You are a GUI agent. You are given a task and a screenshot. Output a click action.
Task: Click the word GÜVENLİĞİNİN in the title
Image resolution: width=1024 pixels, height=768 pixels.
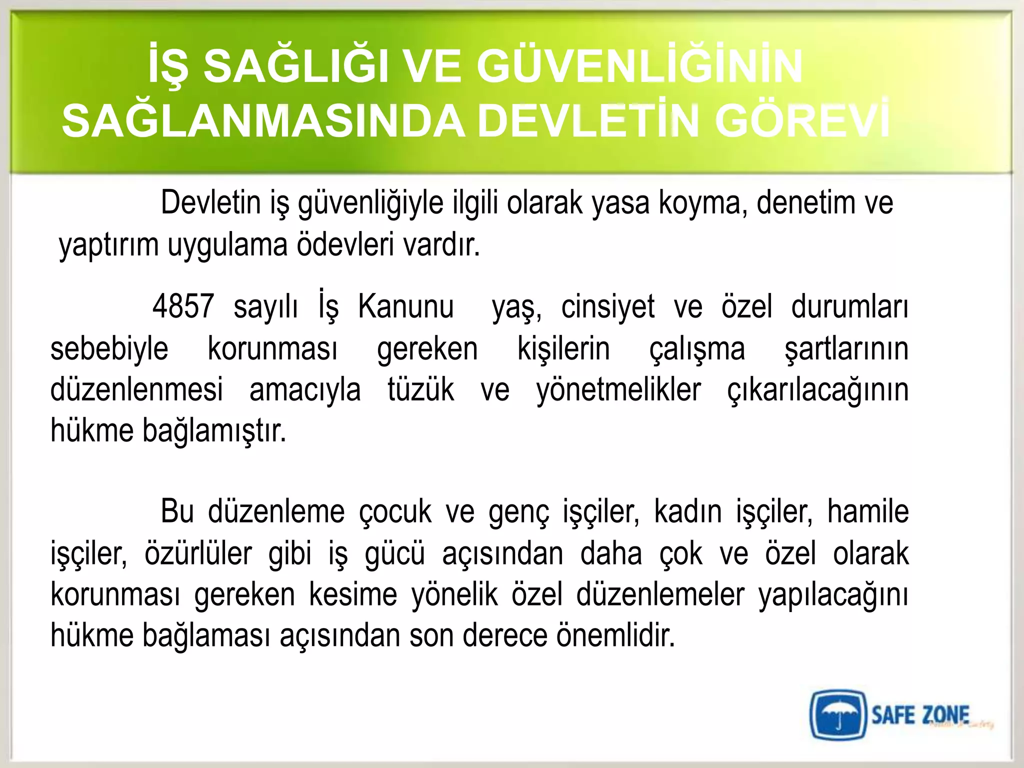(x=639, y=66)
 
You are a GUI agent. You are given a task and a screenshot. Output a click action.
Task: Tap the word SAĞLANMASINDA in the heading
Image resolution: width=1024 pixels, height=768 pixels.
(x=263, y=122)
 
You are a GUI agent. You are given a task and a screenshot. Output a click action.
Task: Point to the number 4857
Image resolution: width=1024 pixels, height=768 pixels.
(x=183, y=306)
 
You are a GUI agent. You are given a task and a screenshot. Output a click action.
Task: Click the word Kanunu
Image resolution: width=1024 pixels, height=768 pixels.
(x=405, y=306)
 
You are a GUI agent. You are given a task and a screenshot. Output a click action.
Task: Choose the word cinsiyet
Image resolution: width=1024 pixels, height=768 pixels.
(x=607, y=306)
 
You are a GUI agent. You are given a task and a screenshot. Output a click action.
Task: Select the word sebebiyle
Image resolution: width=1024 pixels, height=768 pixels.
(x=109, y=348)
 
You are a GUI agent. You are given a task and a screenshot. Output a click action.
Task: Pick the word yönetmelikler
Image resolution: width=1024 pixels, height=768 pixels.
(x=618, y=390)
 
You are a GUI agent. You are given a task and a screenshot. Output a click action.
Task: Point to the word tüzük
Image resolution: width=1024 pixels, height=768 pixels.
(x=420, y=390)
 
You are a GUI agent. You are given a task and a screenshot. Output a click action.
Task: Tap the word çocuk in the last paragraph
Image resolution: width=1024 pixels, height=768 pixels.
(x=395, y=512)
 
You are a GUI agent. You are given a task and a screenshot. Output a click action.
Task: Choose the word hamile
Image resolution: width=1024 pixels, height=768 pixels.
(x=867, y=512)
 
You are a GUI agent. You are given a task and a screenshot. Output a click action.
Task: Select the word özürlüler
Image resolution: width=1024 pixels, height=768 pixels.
(x=198, y=554)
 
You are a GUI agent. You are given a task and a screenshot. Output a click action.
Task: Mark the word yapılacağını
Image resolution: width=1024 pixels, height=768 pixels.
(x=833, y=595)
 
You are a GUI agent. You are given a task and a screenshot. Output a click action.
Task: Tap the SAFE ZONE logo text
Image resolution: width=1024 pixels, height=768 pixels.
(x=920, y=715)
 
